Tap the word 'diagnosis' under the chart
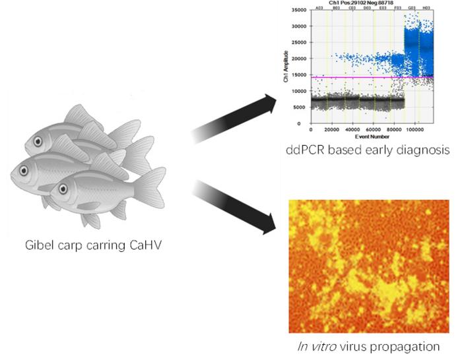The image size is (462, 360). point(422,151)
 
